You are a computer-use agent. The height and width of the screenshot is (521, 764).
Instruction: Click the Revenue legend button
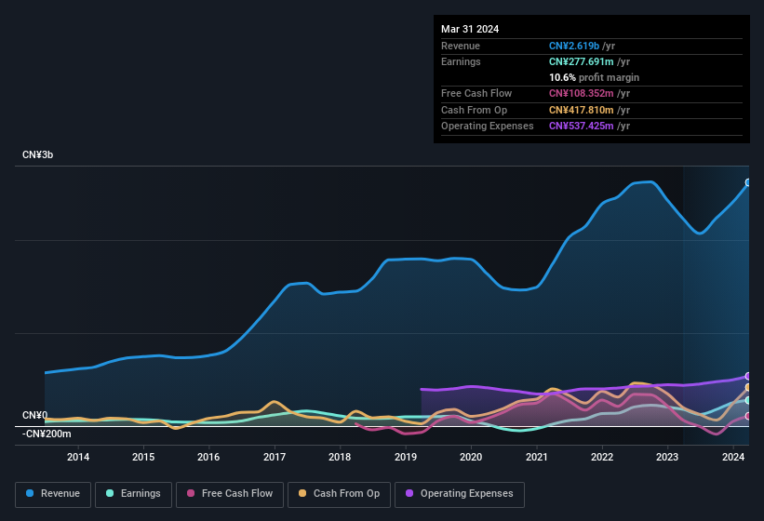point(54,494)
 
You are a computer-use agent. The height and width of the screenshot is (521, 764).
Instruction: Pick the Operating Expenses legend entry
point(459,494)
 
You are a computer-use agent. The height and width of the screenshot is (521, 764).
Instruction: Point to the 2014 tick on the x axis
point(78,457)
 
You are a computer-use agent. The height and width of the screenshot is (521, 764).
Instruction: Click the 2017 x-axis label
point(275,457)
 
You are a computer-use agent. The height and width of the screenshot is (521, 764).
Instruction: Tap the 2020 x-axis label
point(471,457)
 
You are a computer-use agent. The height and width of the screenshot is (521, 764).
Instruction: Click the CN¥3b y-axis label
point(38,154)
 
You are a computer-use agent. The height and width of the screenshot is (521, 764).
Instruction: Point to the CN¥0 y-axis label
point(35,415)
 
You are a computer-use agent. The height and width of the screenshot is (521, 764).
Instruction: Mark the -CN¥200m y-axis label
point(47,434)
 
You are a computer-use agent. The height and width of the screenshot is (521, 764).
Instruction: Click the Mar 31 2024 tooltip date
point(470,29)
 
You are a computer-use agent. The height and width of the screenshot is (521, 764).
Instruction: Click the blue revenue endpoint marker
point(748,182)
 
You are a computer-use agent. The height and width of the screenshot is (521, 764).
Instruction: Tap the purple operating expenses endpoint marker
point(748,377)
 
